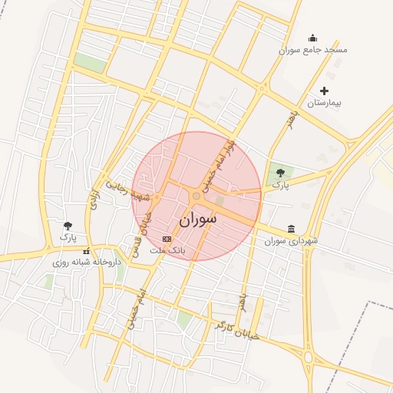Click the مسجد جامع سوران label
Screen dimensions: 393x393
click(x=313, y=50)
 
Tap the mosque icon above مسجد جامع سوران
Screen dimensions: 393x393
click(x=312, y=38)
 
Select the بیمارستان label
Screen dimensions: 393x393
click(x=324, y=103)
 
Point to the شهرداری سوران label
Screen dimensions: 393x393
click(x=291, y=241)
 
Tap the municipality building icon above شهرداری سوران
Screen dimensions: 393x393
click(x=291, y=229)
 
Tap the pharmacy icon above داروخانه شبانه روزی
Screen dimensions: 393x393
click(x=86, y=251)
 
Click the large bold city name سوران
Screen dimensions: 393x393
click(x=198, y=220)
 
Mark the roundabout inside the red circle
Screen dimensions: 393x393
click(x=197, y=197)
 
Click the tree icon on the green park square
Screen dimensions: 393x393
click(x=280, y=173)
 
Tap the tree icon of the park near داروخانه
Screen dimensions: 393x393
click(x=68, y=226)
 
